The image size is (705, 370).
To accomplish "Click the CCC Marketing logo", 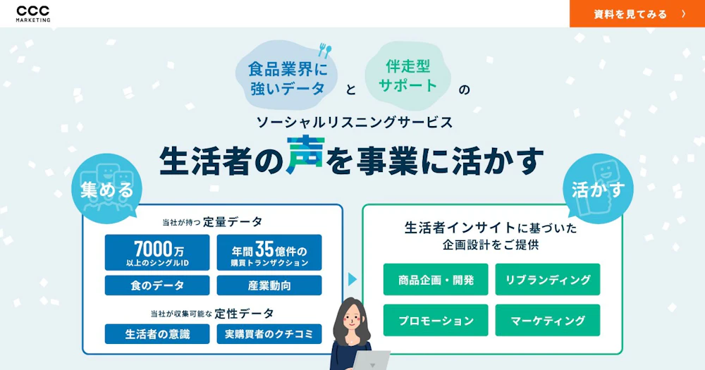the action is [33, 13].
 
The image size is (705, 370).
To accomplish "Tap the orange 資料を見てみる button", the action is [637, 13].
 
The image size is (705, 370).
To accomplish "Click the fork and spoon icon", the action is [324, 50].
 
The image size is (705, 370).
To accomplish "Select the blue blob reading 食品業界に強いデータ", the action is [287, 75].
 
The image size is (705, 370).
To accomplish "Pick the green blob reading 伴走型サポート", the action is [407, 75].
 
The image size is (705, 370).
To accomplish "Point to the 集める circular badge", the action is [107, 189].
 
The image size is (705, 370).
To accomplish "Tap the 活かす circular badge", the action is [598, 189].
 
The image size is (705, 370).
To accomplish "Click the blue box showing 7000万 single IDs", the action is [157, 253].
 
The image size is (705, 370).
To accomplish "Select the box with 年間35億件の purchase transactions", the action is [269, 253].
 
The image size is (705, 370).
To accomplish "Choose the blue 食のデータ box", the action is [157, 285].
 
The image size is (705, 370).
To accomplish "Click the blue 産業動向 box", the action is [269, 285].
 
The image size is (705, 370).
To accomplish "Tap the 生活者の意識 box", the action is [157, 334].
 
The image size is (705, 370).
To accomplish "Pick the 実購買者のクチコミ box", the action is [269, 334].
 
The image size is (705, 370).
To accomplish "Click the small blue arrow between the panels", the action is [352, 279].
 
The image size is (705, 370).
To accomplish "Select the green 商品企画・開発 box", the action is [436, 280].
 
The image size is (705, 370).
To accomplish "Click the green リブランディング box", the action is [548, 280].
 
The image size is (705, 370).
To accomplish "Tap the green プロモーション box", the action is [436, 320].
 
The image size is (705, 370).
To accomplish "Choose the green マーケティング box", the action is [548, 320].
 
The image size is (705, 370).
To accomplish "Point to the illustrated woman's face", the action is [352, 320].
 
